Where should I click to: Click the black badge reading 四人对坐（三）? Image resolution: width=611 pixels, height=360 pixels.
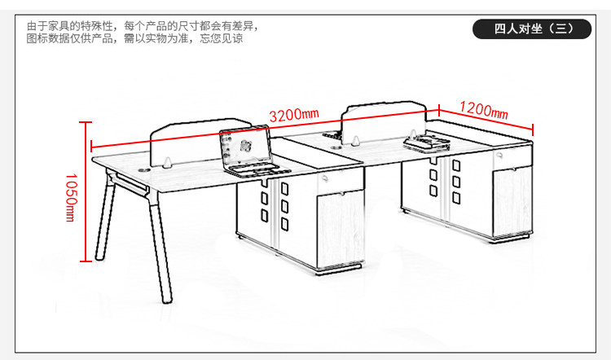(x=534, y=29)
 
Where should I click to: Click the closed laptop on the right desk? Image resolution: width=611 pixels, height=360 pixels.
(x=428, y=143)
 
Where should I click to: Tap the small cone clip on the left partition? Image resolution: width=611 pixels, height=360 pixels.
(x=165, y=160)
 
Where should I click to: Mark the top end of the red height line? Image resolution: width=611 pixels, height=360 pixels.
(x=84, y=121)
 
